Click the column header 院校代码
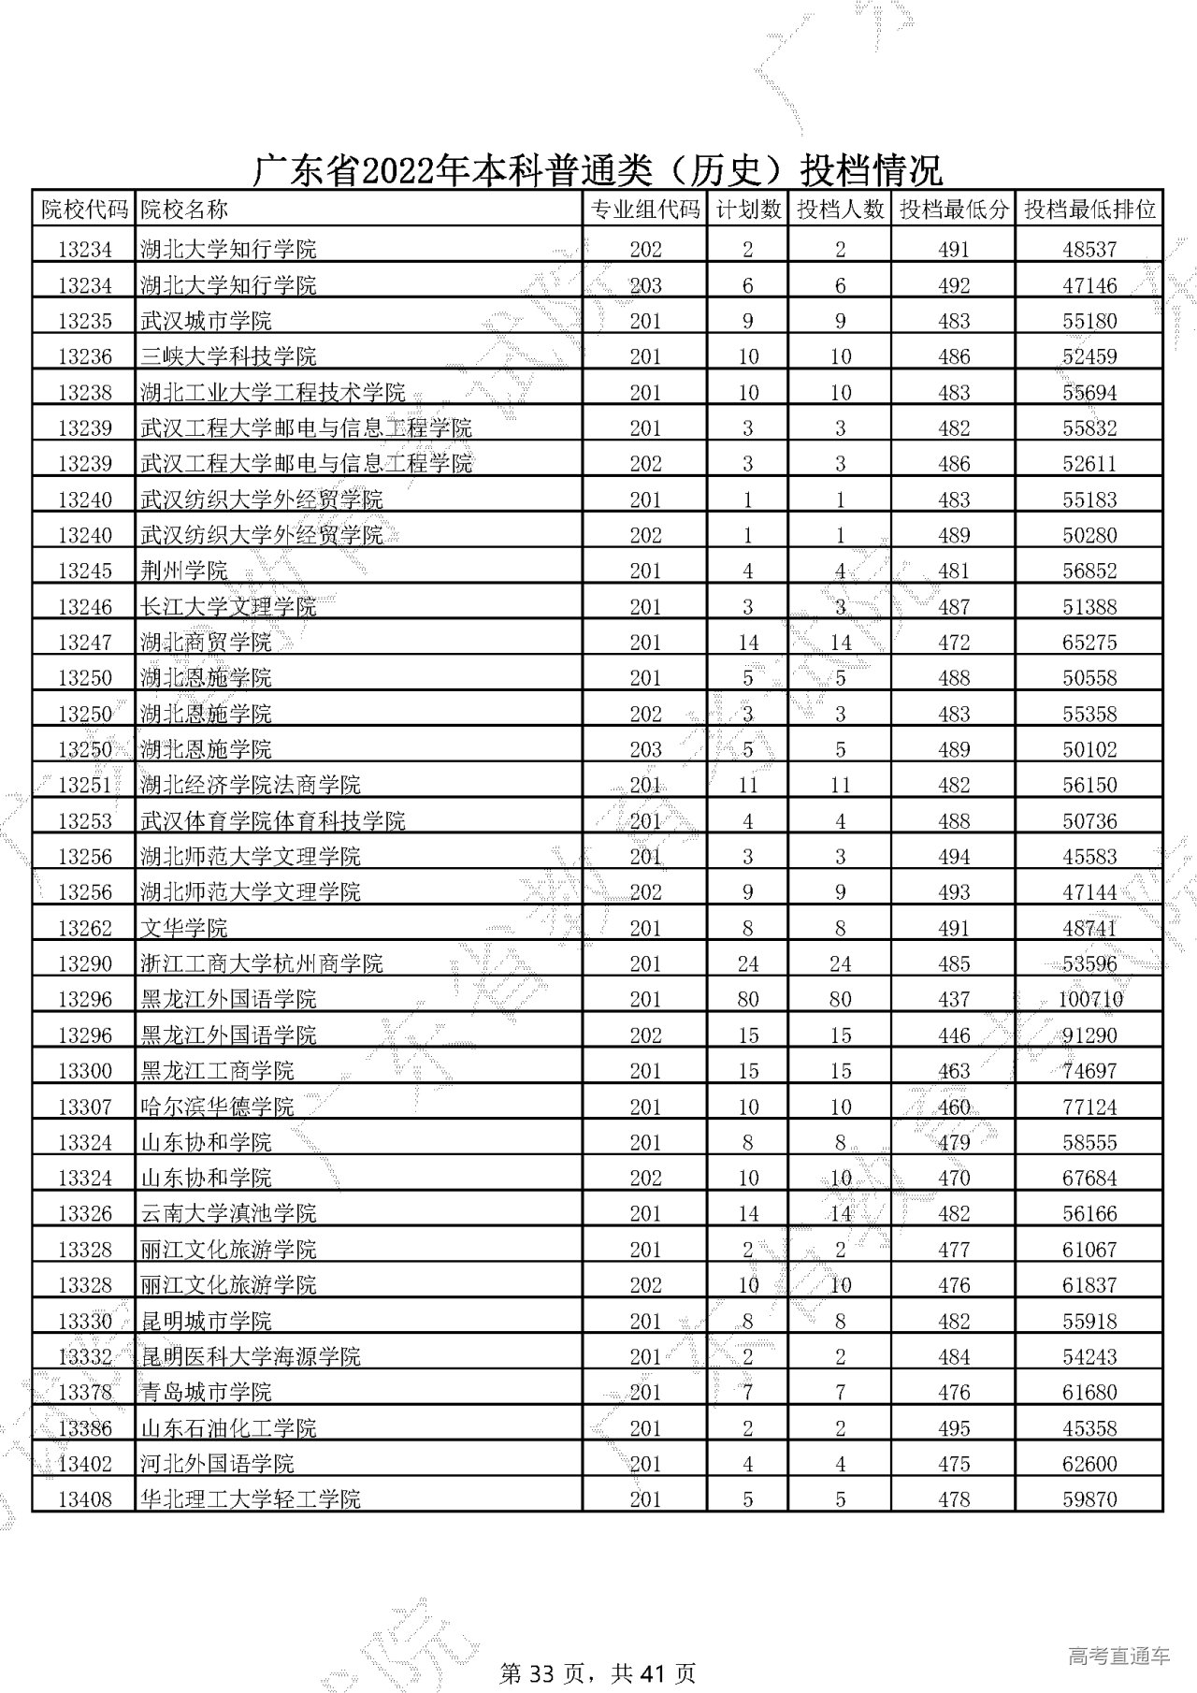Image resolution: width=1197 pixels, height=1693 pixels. coord(84,210)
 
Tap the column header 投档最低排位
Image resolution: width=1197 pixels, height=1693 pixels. coord(1089,210)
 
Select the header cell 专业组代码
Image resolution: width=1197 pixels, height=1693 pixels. coord(645,210)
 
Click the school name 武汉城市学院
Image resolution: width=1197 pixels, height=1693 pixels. coord(206,321)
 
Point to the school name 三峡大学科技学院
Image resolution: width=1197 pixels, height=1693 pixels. coord(228,356)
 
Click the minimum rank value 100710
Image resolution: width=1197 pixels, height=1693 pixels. coord(1089,999)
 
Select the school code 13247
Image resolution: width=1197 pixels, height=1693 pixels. coord(84,643)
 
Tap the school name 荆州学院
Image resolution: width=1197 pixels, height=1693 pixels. coord(183,571)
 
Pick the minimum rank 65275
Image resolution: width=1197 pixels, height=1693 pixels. coord(1089,643)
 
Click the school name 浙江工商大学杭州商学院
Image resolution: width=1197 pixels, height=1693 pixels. coord(261,963)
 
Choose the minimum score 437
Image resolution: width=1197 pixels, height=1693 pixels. coord(953,999)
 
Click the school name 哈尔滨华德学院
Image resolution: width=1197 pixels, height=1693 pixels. coord(217,1107)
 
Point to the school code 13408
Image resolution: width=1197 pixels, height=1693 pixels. coord(84,1499)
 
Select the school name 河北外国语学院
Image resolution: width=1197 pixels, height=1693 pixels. coord(217,1464)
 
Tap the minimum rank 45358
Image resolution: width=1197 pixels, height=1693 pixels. coord(1089,1428)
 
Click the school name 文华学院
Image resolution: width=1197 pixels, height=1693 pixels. coord(183,928)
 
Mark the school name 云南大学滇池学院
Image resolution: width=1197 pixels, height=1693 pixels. coord(228,1213)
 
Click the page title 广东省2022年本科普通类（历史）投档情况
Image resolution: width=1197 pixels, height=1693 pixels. coord(598,170)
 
